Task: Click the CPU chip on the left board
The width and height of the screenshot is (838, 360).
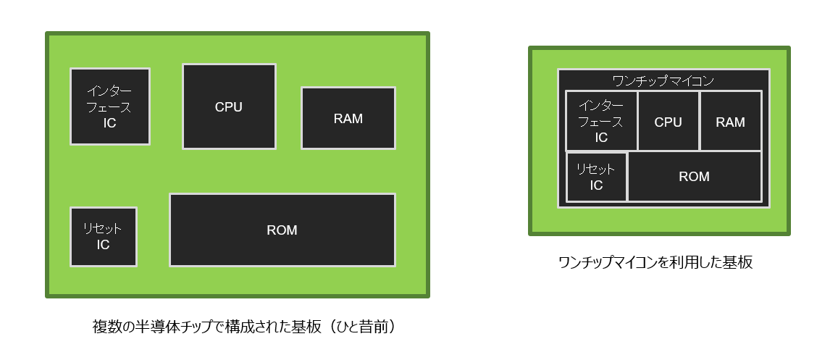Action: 229,106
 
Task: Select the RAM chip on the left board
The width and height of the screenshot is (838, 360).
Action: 348,118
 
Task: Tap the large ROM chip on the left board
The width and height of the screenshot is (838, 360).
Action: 282,230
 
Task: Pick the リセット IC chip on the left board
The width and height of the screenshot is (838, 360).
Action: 103,237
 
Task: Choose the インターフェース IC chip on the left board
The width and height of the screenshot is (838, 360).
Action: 109,106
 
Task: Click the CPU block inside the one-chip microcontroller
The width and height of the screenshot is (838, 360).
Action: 668,121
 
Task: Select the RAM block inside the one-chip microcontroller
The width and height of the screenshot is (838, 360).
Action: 730,121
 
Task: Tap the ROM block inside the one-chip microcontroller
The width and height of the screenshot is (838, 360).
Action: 695,177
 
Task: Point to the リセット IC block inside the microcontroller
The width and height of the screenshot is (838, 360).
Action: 596,177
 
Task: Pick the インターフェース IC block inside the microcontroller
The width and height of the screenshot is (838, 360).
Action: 601,121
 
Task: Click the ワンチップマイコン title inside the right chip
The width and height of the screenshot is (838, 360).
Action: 663,80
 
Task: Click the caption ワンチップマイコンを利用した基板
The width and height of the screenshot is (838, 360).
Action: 655,262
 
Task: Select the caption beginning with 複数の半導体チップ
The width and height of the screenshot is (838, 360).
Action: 244,327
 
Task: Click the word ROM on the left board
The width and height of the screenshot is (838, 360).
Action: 282,230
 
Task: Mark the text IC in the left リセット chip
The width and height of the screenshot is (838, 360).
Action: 103,245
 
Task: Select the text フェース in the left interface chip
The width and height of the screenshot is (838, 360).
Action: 109,107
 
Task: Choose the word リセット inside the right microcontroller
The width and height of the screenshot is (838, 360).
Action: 595,169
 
